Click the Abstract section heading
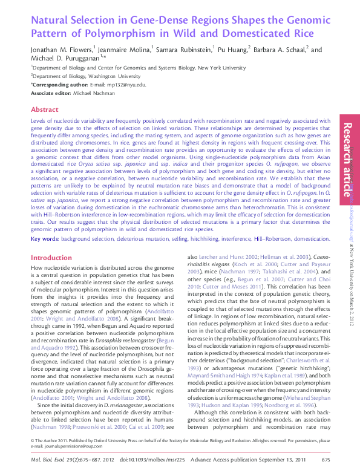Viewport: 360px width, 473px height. (44, 110)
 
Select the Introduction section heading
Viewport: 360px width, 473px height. (51, 258)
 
